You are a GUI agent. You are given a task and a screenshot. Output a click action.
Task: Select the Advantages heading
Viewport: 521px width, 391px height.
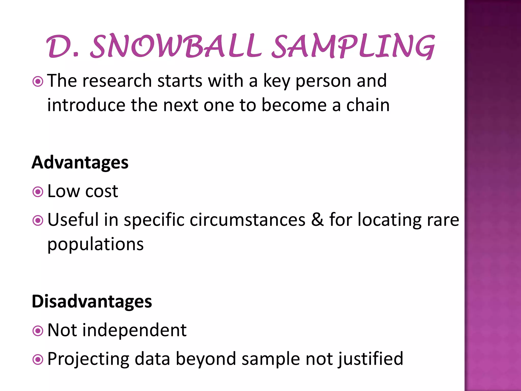pyautogui.click(x=80, y=162)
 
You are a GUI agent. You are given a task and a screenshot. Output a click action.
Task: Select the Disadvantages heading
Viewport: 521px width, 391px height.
pyautogui.click(x=92, y=301)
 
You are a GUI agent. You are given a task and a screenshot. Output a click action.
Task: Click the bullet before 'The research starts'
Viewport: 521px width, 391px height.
pyautogui.click(x=38, y=82)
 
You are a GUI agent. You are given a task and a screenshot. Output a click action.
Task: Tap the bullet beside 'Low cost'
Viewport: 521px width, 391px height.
pyautogui.click(x=38, y=192)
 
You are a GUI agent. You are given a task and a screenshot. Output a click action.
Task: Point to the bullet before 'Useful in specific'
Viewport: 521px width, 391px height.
pyautogui.click(x=38, y=220)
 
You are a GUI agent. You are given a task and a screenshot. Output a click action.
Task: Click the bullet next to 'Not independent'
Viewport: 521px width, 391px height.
pyautogui.click(x=38, y=331)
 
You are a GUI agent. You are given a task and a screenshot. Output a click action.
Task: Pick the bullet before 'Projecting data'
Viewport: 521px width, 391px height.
pyautogui.click(x=38, y=359)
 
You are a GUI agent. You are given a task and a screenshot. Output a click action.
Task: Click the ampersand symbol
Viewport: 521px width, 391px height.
pyautogui.click(x=317, y=219)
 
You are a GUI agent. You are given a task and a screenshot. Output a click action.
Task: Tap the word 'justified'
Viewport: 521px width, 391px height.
pyautogui.click(x=371, y=359)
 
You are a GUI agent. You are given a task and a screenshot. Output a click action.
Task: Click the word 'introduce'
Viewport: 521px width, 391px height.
pyautogui.click(x=86, y=105)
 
